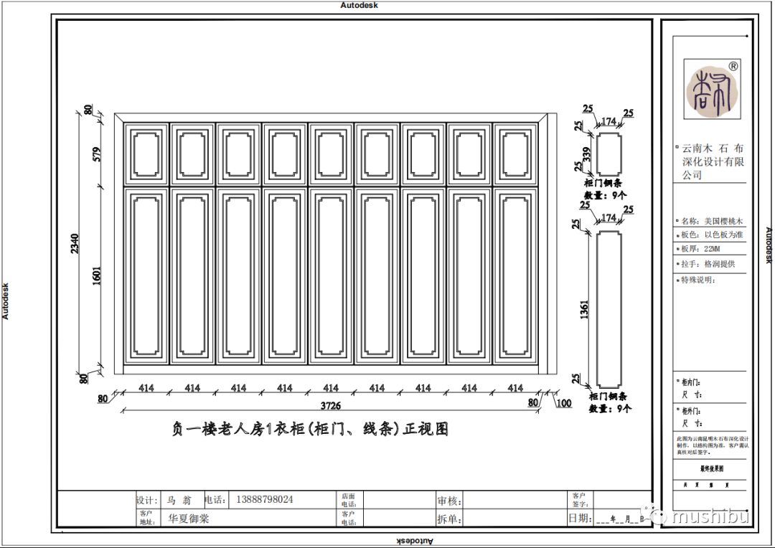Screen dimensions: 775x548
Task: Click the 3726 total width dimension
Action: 330,408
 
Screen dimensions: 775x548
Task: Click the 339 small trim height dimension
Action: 586,154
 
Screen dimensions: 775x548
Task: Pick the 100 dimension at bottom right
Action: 564,403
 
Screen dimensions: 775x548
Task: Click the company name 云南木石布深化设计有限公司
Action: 713,161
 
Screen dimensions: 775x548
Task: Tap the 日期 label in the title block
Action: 580,518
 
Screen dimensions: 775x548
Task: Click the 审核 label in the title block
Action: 449,501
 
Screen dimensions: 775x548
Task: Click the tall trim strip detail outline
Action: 609,308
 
